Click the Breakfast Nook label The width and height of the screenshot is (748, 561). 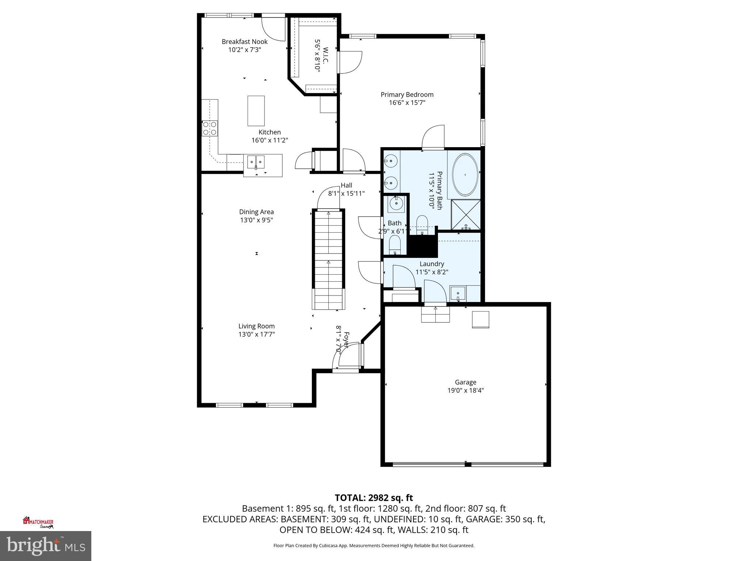(x=244, y=42)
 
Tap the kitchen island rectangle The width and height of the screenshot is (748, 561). (x=256, y=111)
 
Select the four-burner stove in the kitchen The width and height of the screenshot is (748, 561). (x=210, y=129)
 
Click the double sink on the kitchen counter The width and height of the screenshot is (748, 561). (x=256, y=161)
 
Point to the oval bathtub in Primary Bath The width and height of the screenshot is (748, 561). (x=465, y=175)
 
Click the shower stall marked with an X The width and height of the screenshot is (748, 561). (x=466, y=214)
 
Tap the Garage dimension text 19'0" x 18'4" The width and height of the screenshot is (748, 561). (x=465, y=390)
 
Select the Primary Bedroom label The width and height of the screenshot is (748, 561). (x=407, y=95)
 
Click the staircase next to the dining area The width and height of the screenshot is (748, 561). (x=328, y=256)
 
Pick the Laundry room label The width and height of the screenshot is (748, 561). (x=432, y=264)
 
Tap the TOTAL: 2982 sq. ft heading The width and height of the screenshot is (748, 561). (x=374, y=498)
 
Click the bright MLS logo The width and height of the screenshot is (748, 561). (x=46, y=546)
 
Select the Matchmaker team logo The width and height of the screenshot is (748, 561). (x=38, y=522)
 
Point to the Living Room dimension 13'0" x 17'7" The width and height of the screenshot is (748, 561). (x=256, y=334)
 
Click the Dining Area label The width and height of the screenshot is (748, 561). (x=256, y=212)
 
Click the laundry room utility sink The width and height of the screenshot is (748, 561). (x=458, y=293)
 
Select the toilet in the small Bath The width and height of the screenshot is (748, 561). (x=395, y=244)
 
